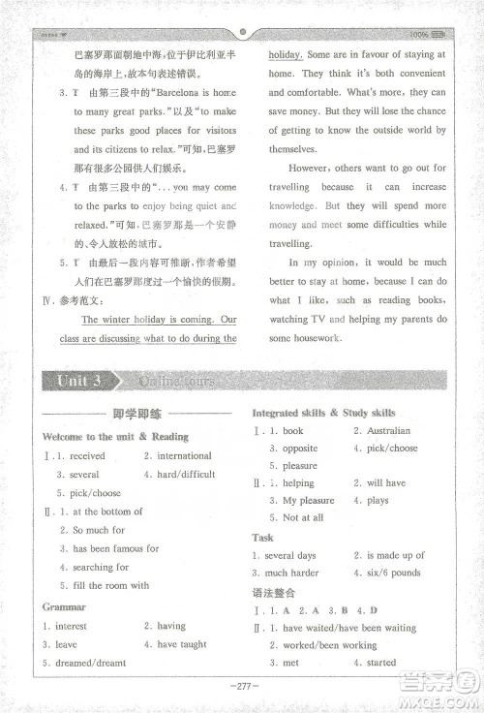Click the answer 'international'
[184, 455]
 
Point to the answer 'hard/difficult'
[186, 474]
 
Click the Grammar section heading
[64, 606]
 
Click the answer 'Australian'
[388, 430]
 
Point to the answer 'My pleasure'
[309, 500]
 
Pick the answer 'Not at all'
[303, 517]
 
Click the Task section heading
[262, 537]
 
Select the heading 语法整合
[274, 592]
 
